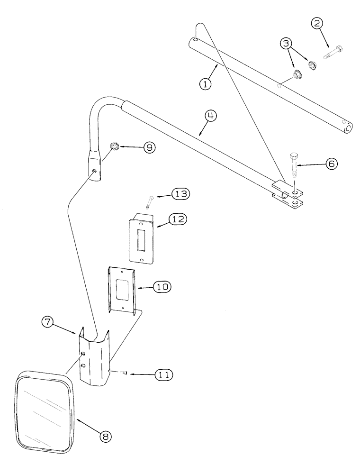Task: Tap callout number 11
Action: click(x=161, y=374)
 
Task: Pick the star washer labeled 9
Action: click(x=114, y=146)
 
